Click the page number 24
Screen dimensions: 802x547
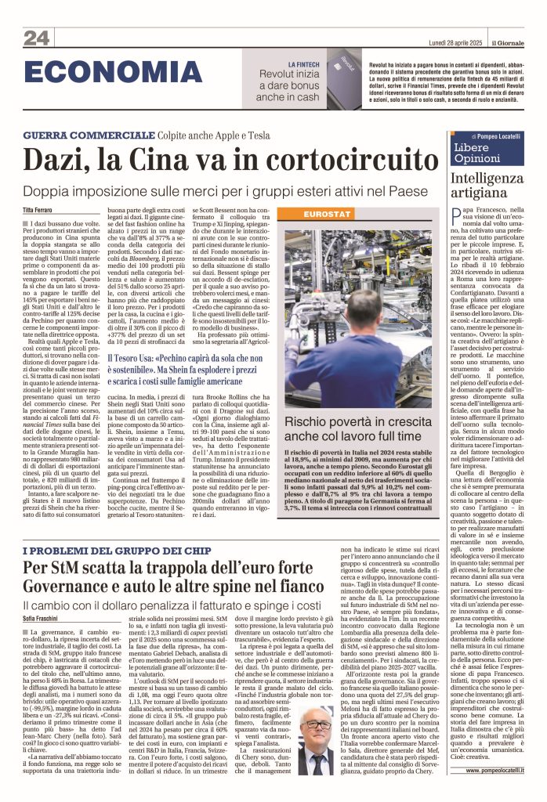(36, 38)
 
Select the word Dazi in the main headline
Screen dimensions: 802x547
(56, 161)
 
